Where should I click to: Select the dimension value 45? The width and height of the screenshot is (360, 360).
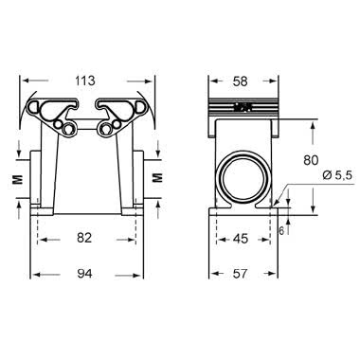[x=243, y=239]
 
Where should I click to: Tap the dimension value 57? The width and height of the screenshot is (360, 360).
[x=243, y=275]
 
